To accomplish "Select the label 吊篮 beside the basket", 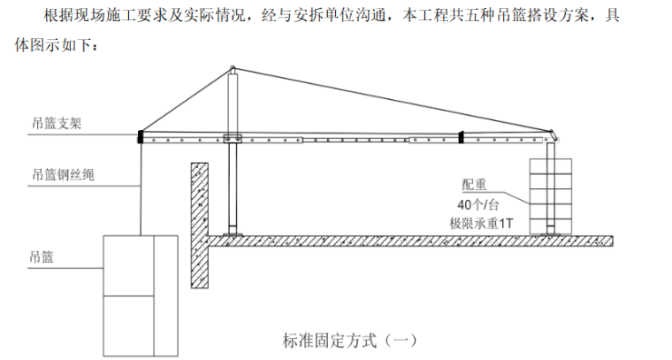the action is click(x=41, y=257).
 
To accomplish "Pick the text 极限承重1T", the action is click(x=481, y=223).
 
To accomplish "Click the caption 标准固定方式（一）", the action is click(x=349, y=339).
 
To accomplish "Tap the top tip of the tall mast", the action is click(x=233, y=68).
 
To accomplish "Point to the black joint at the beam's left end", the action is click(x=140, y=137).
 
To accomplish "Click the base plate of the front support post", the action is click(x=233, y=234).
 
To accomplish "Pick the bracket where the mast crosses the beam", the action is click(x=233, y=137).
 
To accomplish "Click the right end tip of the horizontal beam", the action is click(x=557, y=135).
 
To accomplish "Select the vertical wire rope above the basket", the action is click(x=141, y=186).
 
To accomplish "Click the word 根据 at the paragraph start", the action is click(x=44, y=15).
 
